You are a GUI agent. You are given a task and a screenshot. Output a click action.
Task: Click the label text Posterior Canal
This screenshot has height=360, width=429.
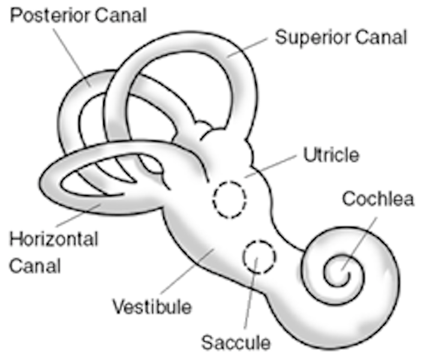pos(79,15)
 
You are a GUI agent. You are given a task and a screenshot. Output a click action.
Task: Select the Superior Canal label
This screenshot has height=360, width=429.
pos(341,37)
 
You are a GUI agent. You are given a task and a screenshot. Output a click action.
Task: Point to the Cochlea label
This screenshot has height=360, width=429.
pos(378,199)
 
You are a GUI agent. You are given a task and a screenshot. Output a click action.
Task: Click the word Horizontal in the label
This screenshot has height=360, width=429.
pos(53,240)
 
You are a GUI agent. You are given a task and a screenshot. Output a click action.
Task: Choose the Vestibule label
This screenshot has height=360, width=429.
pos(152,307)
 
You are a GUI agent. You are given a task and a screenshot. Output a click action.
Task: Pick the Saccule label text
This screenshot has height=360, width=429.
pos(236,343)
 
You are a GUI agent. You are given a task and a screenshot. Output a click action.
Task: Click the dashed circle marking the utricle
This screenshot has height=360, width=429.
pos(230,199)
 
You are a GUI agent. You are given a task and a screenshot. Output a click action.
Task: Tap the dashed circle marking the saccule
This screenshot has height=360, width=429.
pos(259,257)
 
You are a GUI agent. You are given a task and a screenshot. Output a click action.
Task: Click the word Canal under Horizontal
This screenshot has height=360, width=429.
pos(35,265)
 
